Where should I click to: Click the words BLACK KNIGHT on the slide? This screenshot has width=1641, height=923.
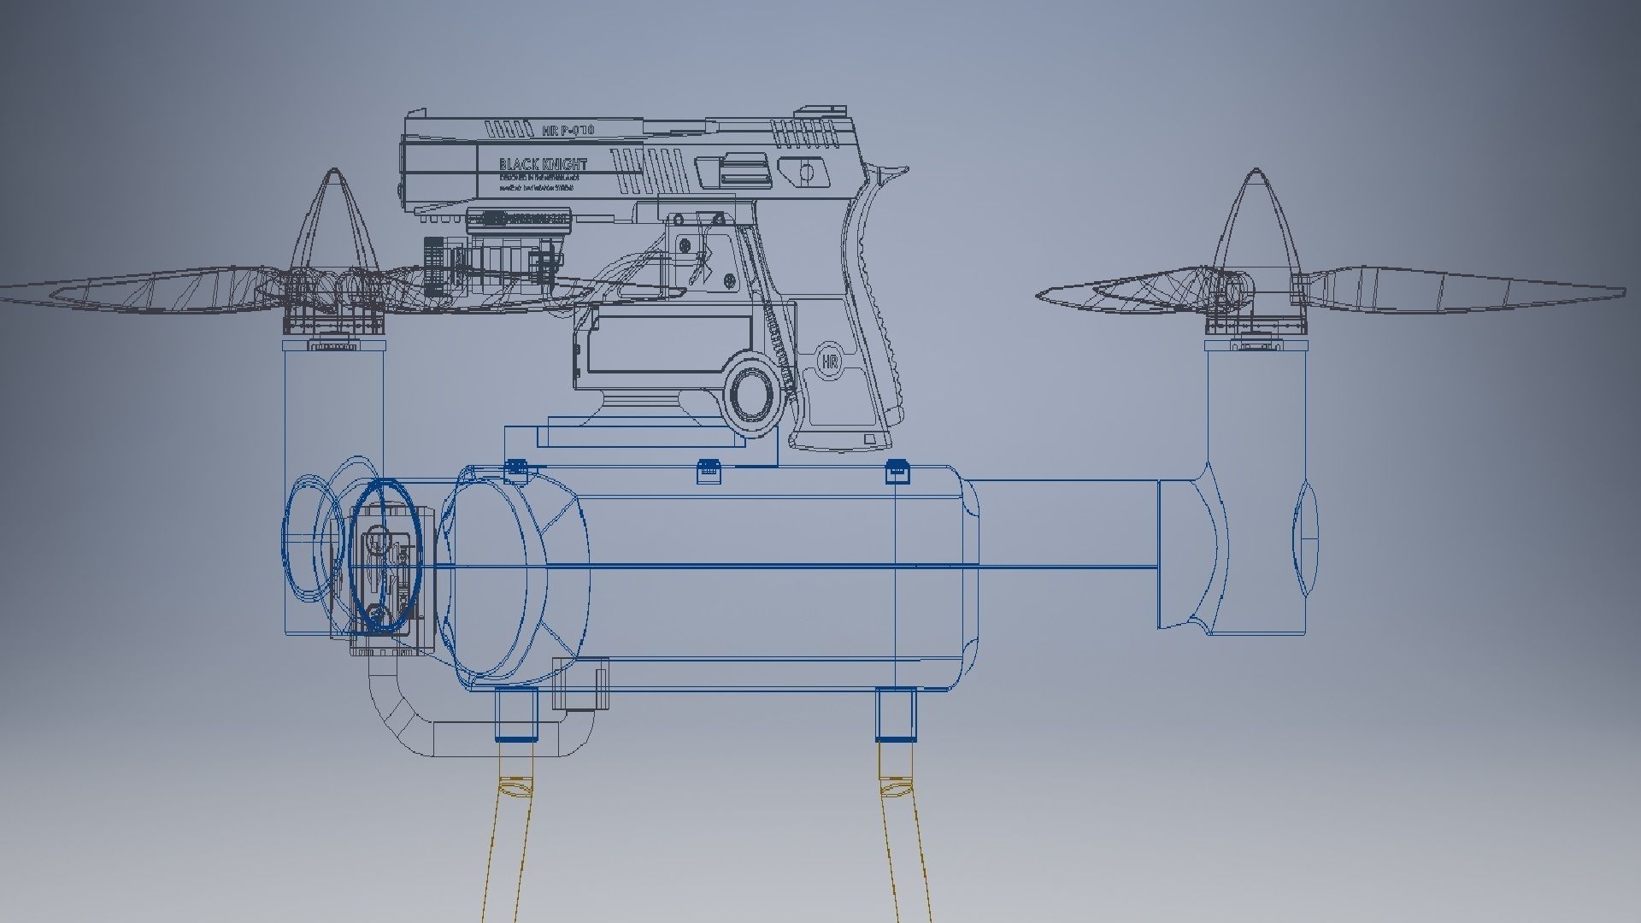pos(543,164)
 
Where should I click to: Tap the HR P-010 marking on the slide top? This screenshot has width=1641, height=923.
pos(568,130)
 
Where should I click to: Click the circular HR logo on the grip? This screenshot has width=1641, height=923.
pos(828,361)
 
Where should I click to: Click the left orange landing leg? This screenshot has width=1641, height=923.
pos(507,846)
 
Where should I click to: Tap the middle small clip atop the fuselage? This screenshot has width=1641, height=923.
pos(709,470)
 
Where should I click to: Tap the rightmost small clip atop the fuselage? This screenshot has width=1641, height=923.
pos(895,470)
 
